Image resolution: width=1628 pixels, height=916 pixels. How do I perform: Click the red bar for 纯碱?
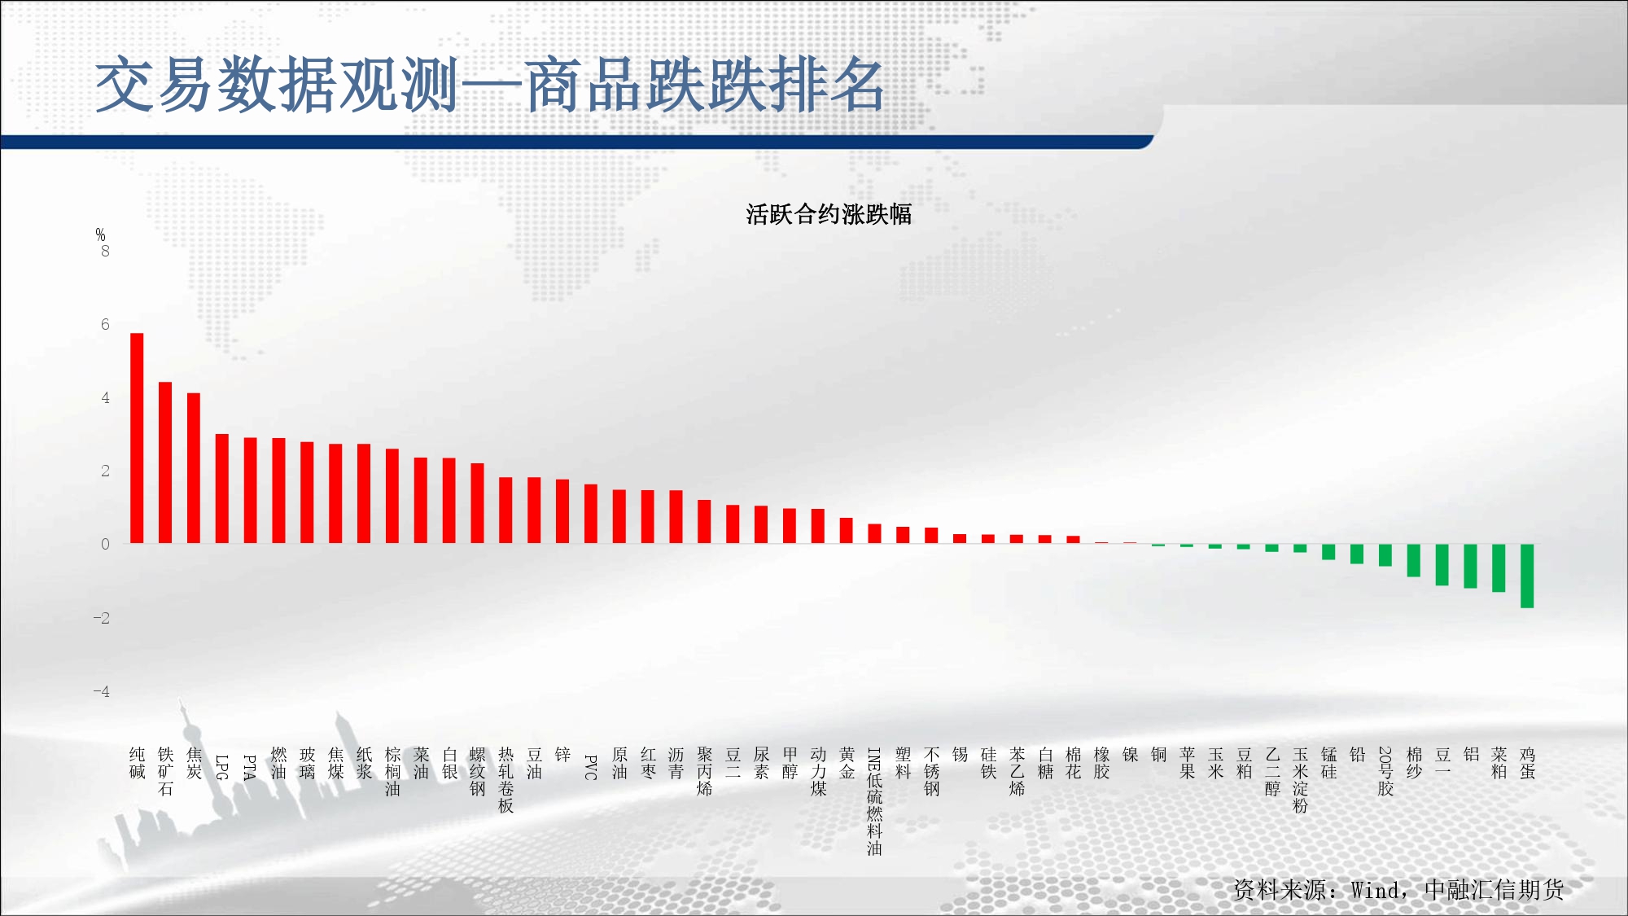[137, 438]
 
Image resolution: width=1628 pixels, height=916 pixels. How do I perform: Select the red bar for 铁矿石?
[165, 462]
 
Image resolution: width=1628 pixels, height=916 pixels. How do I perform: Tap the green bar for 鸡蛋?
[1527, 576]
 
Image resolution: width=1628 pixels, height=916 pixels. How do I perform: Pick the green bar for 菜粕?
[1499, 568]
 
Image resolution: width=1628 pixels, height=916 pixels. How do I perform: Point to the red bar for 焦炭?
[194, 468]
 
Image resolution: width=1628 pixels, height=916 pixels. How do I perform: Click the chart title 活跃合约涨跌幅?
[829, 214]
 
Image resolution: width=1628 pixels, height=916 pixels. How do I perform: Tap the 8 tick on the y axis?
[105, 252]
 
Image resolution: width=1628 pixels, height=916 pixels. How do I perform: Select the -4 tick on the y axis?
[102, 691]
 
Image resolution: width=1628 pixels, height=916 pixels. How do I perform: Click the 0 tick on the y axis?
[105, 544]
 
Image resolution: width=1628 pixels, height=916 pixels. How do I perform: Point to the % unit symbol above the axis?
[100, 234]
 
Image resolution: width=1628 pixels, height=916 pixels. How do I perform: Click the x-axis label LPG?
[222, 767]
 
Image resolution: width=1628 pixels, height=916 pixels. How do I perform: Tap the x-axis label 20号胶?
[1385, 771]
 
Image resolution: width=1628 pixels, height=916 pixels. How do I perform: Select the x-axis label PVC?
[591, 767]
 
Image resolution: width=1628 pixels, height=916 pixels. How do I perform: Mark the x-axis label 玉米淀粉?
[1300, 780]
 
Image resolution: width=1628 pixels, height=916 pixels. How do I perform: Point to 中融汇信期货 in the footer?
[1495, 890]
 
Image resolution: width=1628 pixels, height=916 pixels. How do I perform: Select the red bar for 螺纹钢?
[477, 503]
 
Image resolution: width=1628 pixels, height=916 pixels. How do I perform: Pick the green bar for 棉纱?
[1414, 560]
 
